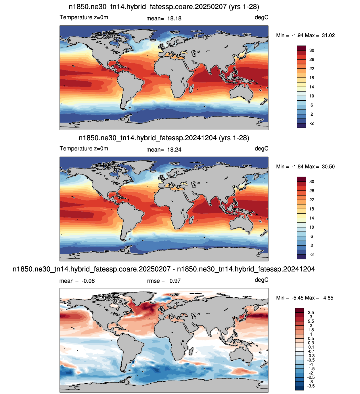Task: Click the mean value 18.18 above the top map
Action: [x=174, y=18]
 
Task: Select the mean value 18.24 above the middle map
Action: [x=174, y=150]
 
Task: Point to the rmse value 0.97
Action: [x=175, y=281]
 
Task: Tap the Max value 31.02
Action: [x=328, y=35]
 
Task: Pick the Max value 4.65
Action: [x=328, y=298]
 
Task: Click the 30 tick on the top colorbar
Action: [x=312, y=51]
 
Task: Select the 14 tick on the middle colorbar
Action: [x=312, y=218]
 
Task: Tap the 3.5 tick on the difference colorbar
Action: [x=311, y=313]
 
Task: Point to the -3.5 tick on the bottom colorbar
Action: [x=311, y=386]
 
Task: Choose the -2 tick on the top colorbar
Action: [x=312, y=123]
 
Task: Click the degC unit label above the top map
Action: [x=261, y=18]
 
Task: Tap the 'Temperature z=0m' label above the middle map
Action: [x=84, y=148]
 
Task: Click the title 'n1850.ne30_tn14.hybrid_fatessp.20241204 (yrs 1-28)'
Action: [x=164, y=138]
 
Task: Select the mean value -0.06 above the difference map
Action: [x=88, y=281]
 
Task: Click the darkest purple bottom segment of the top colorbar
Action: [x=301, y=125]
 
